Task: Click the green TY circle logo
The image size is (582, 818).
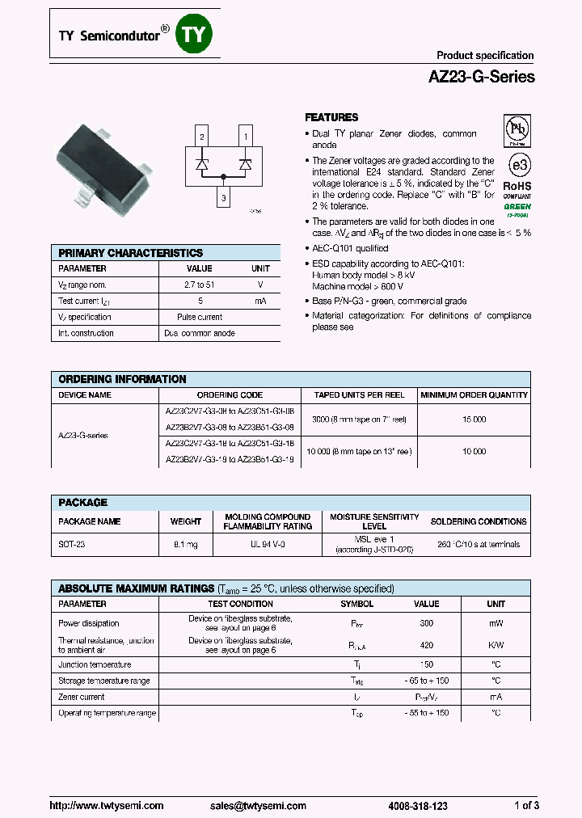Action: click(196, 33)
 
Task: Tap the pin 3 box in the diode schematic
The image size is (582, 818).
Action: click(223, 196)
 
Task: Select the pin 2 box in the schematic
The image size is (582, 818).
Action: click(202, 137)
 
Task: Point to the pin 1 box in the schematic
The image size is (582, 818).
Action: click(245, 137)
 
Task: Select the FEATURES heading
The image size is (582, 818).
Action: click(331, 117)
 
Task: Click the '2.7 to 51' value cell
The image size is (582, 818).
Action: click(199, 285)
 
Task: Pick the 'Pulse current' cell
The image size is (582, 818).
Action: click(199, 317)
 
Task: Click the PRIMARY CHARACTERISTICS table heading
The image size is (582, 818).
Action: click(130, 253)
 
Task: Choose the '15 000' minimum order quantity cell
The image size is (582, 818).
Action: click(474, 420)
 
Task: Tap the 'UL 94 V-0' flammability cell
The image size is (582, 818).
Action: click(268, 545)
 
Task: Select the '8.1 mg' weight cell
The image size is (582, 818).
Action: click(185, 545)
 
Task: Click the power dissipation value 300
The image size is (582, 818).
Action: click(426, 623)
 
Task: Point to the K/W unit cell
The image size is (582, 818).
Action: click(496, 645)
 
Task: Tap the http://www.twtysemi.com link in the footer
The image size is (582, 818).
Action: click(107, 806)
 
